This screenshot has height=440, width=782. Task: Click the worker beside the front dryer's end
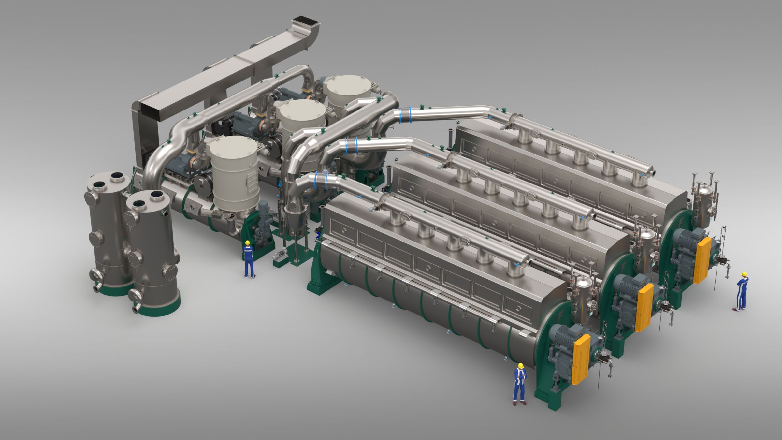pyautogui.click(x=520, y=385)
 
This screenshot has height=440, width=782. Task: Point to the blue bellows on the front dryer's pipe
pyautogui.click(x=321, y=181)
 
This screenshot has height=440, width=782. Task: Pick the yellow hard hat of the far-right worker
pyautogui.click(x=744, y=274)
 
